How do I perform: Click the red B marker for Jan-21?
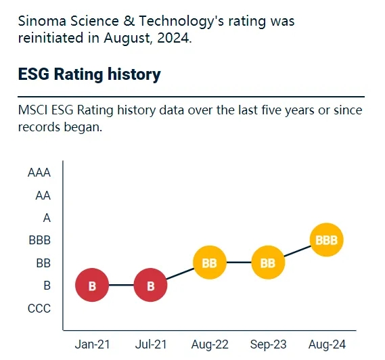tap(92, 286)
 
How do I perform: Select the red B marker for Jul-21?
tap(151, 286)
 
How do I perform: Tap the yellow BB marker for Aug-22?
tap(210, 263)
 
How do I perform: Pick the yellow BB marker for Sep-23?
tap(268, 263)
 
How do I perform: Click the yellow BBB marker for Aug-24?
tap(327, 240)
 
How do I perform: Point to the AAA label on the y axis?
tap(39, 173)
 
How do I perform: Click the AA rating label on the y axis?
tap(43, 196)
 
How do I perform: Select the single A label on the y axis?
tap(47, 218)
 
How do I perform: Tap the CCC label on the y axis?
tap(39, 309)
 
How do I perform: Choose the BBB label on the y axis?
tap(39, 240)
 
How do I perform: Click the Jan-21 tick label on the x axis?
tap(92, 344)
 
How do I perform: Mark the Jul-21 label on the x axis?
tap(151, 344)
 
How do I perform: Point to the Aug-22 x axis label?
tap(210, 344)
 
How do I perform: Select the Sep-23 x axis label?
tap(268, 344)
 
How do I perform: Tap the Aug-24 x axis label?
tap(327, 344)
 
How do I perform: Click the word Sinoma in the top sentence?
tap(41, 21)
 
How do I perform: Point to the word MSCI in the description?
tap(33, 110)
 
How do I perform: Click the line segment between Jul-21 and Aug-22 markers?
tap(181, 274)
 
